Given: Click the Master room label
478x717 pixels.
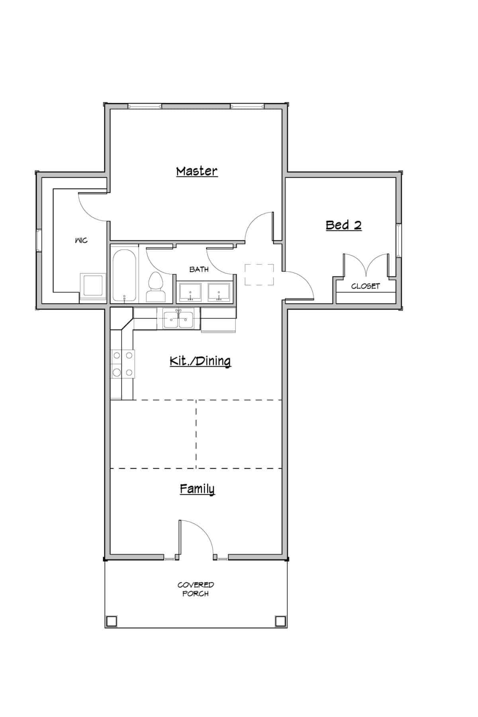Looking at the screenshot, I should (197, 171).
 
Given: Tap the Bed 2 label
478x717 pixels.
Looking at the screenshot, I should (343, 225).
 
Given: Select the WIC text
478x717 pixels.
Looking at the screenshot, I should (81, 241).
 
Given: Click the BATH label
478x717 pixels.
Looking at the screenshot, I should (199, 270).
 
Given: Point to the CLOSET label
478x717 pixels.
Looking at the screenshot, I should (365, 286).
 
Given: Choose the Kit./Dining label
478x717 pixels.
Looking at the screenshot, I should (200, 361).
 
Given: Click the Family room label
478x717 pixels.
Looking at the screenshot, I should (197, 489).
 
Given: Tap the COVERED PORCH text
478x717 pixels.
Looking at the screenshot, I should (196, 589).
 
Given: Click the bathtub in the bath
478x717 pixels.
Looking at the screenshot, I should (124, 275).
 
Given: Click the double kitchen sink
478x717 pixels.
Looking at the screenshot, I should (178, 319).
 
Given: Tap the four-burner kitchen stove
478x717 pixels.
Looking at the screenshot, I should (123, 363).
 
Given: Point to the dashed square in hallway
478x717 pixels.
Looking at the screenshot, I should (259, 274).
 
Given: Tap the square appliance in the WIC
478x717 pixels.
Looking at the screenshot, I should (93, 285).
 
